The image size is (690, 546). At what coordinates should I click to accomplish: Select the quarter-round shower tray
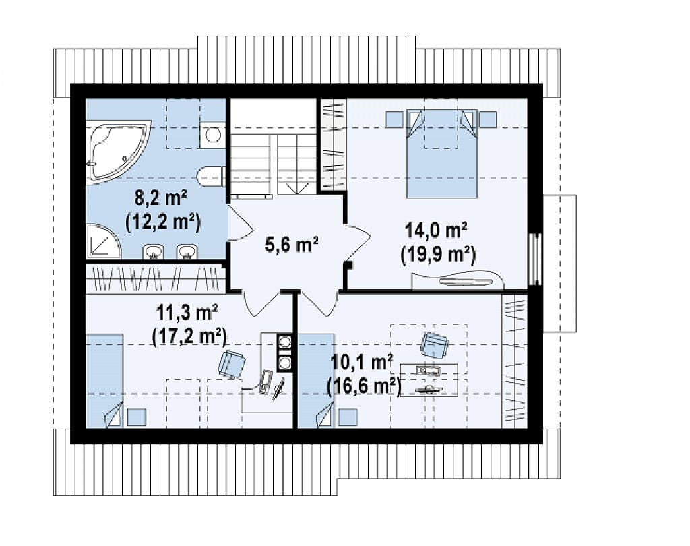(x=102, y=241)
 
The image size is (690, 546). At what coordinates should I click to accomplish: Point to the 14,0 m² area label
(x=436, y=230)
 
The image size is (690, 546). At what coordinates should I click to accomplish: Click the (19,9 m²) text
(x=438, y=254)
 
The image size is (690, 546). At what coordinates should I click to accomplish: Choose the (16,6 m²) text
(x=363, y=386)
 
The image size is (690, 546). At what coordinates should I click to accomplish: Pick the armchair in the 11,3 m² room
(x=232, y=364)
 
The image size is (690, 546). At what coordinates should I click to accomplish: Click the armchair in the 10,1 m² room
(x=435, y=344)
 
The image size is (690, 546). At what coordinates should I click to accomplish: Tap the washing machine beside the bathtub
(x=213, y=134)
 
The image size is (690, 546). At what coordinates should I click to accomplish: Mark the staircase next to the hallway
(x=274, y=147)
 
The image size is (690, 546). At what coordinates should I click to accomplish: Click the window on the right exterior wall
(x=536, y=259)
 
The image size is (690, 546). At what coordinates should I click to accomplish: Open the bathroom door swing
(x=241, y=223)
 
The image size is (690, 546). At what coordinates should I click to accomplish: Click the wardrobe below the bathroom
(x=156, y=278)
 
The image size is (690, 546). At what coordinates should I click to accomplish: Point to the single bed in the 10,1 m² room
(x=317, y=380)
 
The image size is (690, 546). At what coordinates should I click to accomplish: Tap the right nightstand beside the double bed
(x=488, y=119)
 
